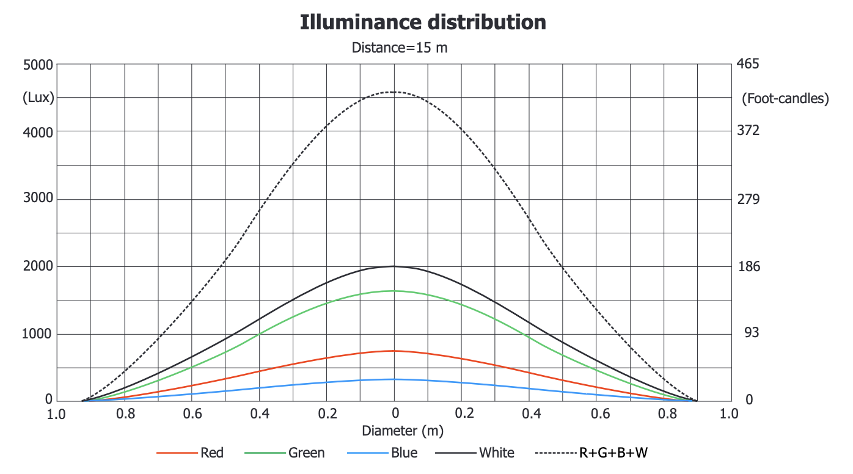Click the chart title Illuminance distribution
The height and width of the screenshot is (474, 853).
point(423,23)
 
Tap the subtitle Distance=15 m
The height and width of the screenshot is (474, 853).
point(400,47)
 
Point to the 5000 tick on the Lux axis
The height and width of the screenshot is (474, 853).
point(38,64)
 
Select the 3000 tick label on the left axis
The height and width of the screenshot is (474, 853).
point(38,199)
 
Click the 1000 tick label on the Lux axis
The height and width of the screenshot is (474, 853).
point(38,334)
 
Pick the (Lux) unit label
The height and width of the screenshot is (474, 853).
point(38,97)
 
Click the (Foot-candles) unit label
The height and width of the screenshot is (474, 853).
point(785,98)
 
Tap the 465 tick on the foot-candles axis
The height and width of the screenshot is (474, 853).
point(749,64)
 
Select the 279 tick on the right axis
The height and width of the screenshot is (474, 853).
point(749,199)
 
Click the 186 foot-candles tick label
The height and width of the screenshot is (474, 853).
point(749,267)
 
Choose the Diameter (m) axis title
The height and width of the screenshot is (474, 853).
point(403,431)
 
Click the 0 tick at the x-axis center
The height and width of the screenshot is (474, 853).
point(395,414)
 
